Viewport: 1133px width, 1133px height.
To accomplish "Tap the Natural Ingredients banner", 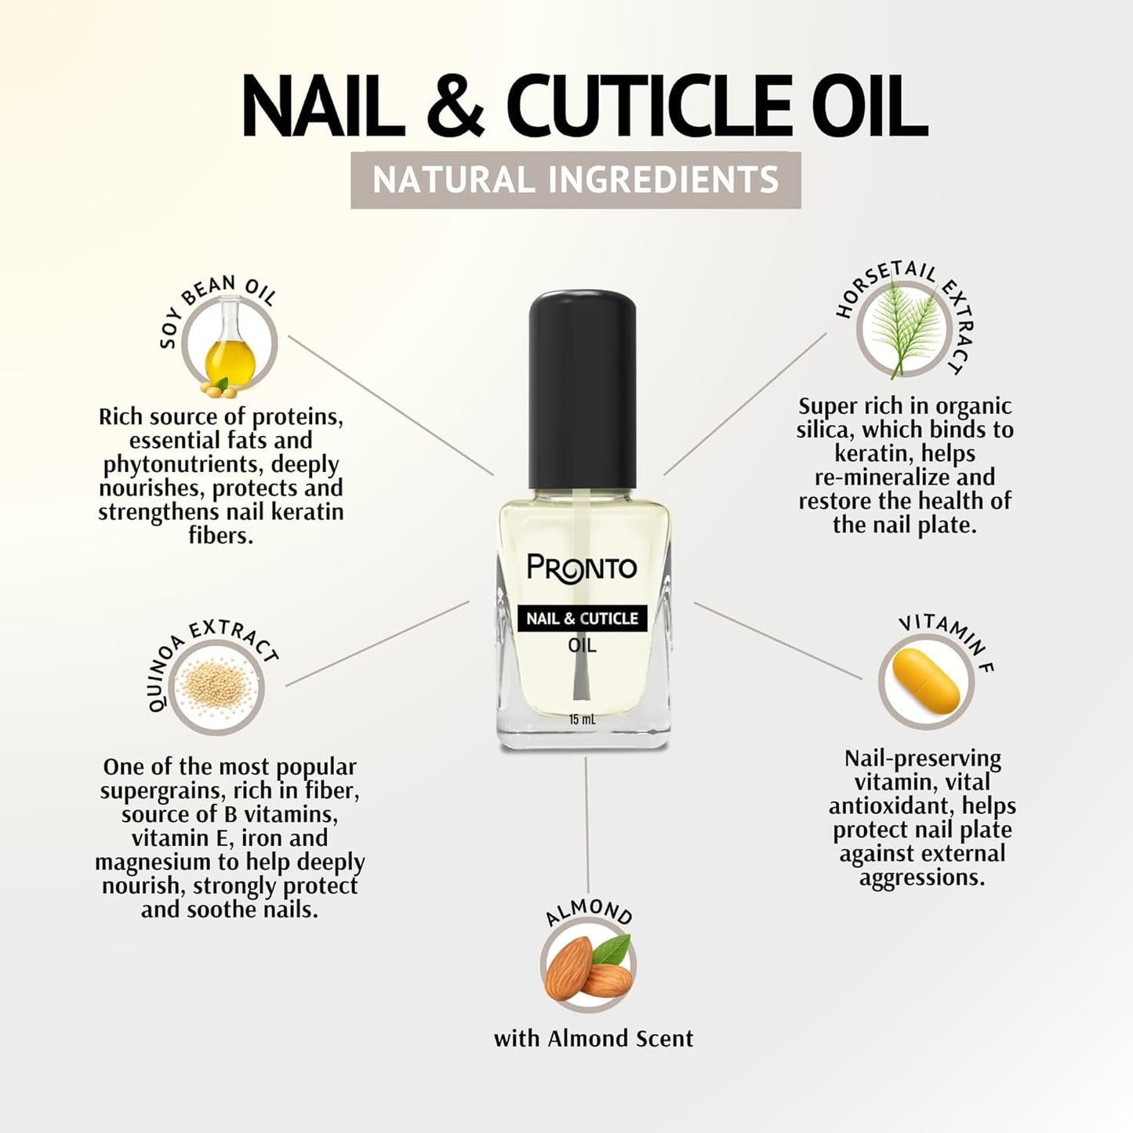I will point(576,180).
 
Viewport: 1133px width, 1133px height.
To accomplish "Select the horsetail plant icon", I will point(903,329).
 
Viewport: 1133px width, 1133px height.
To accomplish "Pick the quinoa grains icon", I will point(216,687).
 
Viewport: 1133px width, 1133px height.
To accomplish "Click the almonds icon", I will point(588,966).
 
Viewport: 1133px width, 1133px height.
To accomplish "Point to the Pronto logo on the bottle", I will point(582,567).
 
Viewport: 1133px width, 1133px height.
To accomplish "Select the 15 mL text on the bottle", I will point(582,720).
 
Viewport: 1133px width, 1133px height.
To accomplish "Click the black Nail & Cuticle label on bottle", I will point(582,618).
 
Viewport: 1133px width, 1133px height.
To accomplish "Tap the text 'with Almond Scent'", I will point(594,1039).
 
